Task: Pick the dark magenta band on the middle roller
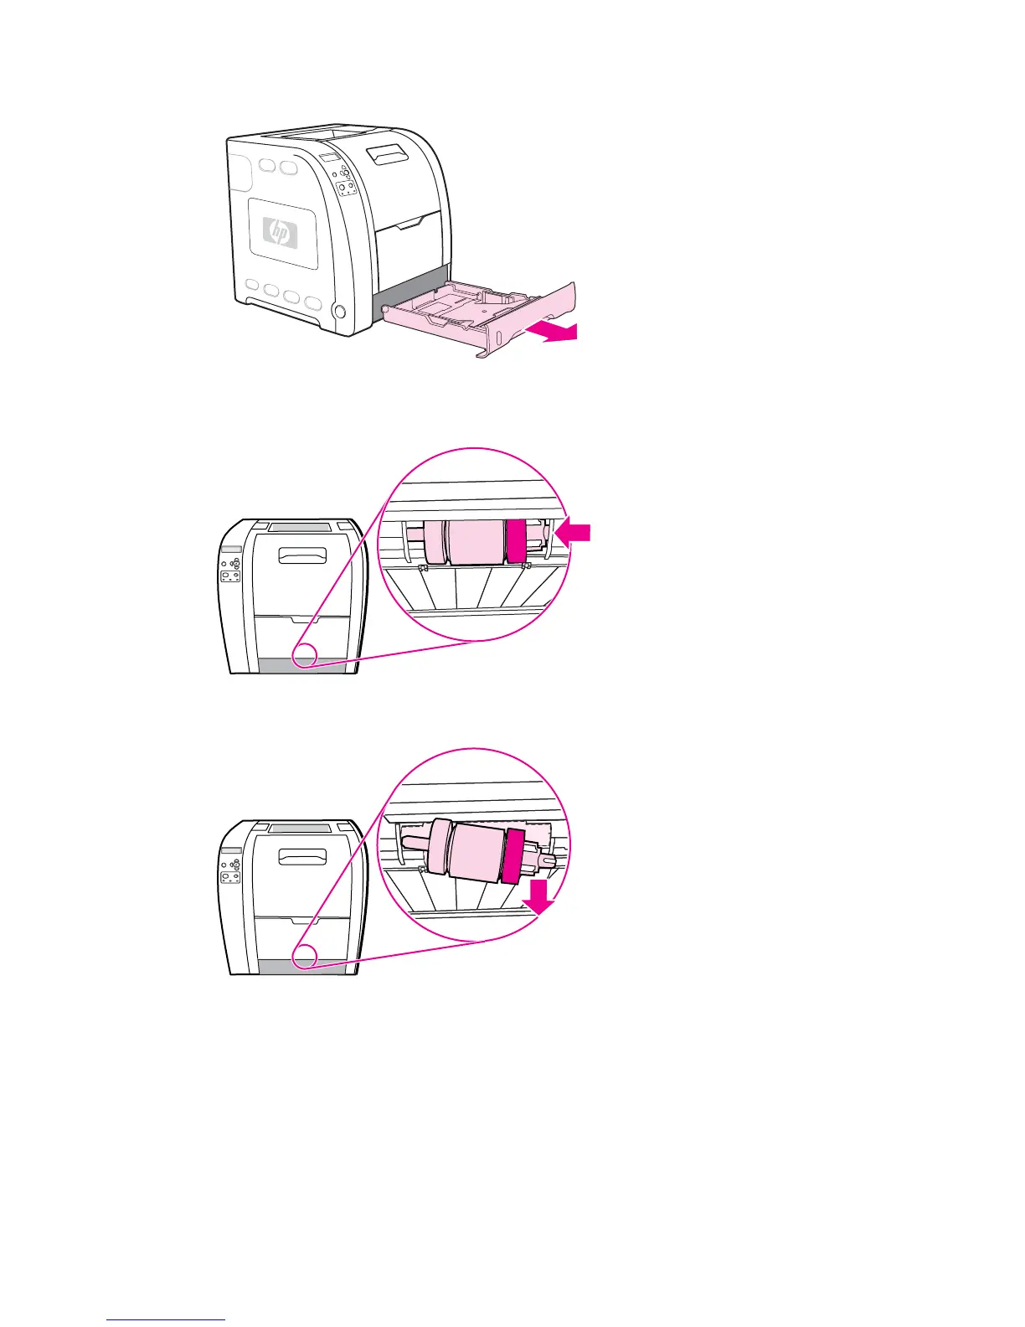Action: pyautogui.click(x=513, y=540)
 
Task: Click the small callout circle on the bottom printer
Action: pyautogui.click(x=305, y=955)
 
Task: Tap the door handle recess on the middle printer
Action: pyautogui.click(x=303, y=556)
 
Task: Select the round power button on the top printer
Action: pyautogui.click(x=339, y=312)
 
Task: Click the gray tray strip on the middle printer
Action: pyautogui.click(x=301, y=667)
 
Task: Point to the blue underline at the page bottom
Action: pyautogui.click(x=166, y=1319)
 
